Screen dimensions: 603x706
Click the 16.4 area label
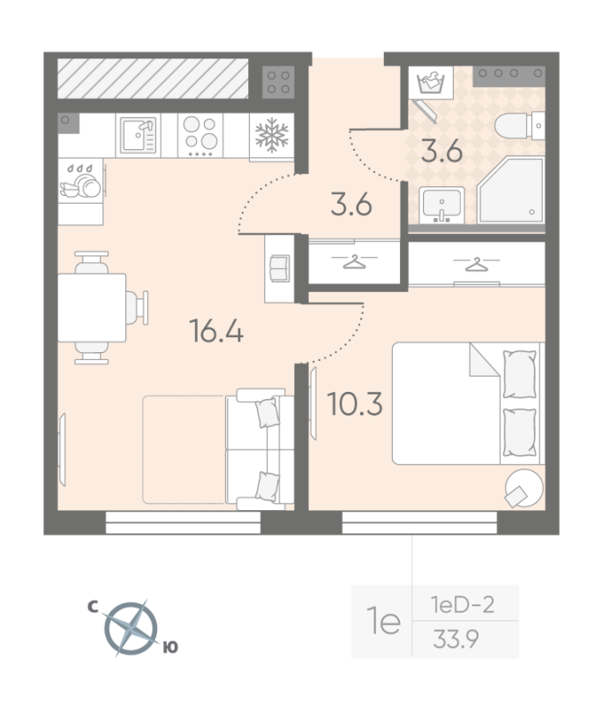[x=216, y=330]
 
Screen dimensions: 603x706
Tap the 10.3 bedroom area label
[x=355, y=403]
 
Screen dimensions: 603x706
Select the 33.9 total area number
[x=456, y=638]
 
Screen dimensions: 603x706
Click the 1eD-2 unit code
[x=463, y=605]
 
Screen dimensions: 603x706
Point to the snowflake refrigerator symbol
[x=272, y=135]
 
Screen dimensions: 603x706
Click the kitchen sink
[x=139, y=135]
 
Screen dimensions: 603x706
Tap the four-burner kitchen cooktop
[x=200, y=135]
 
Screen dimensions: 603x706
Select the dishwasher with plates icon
[x=80, y=181]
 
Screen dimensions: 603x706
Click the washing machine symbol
[x=431, y=82]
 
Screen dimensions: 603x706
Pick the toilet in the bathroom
[x=520, y=125]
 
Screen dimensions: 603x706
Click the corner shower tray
[x=511, y=190]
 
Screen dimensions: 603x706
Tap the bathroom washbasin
[x=441, y=206]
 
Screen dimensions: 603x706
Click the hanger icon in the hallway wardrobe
[x=354, y=261]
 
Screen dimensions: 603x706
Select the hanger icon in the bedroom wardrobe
[x=477, y=264]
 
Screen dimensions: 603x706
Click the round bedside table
[x=524, y=488]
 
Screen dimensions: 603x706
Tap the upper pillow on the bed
[x=520, y=374]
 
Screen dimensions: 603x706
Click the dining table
[x=92, y=307]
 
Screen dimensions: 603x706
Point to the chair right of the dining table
[x=137, y=307]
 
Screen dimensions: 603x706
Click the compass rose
[x=131, y=628]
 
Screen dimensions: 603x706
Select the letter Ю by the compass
[x=170, y=648]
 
